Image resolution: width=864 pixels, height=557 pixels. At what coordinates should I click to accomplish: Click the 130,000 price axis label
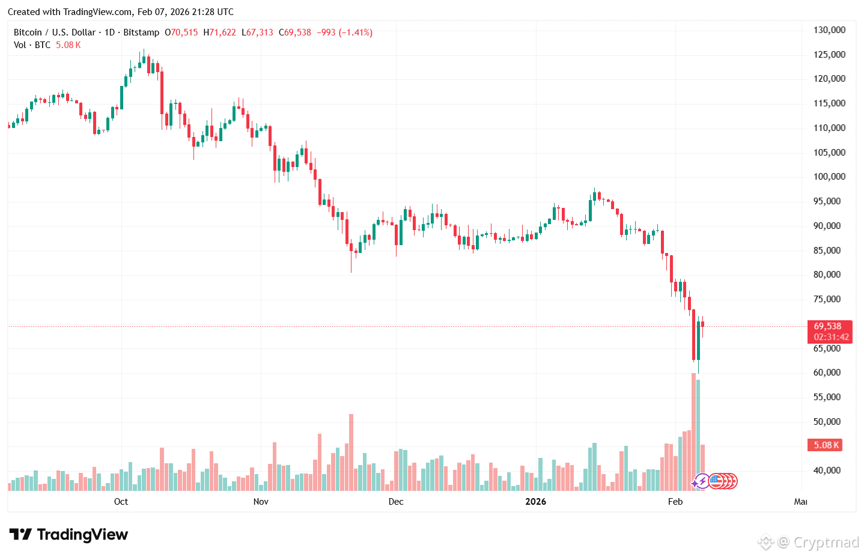click(x=829, y=30)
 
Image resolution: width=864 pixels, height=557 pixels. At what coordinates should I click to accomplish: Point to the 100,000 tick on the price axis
click(x=829, y=177)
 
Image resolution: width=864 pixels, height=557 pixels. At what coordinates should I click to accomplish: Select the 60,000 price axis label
click(x=827, y=373)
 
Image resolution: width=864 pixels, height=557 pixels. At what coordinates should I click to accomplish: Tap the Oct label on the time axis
click(x=121, y=502)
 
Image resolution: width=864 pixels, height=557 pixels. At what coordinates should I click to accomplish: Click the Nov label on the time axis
click(x=261, y=502)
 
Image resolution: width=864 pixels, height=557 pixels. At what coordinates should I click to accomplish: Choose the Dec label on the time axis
click(x=396, y=502)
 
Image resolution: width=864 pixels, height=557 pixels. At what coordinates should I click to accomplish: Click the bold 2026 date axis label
click(x=536, y=502)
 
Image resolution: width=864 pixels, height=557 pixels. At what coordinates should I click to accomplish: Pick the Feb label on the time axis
click(x=675, y=502)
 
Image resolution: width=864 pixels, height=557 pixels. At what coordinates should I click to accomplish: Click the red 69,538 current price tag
click(x=827, y=326)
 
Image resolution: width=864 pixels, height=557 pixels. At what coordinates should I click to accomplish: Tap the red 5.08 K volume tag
click(x=825, y=445)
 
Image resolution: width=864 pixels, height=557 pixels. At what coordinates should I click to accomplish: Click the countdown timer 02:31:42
click(x=831, y=337)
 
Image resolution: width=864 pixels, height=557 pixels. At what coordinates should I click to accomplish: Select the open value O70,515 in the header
click(x=181, y=32)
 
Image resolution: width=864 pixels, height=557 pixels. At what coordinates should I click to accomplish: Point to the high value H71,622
click(x=219, y=32)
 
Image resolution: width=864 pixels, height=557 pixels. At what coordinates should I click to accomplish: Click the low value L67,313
click(x=257, y=32)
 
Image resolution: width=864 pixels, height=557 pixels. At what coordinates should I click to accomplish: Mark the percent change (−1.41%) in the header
click(x=356, y=32)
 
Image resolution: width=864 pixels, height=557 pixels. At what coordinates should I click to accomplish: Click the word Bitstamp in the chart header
click(x=141, y=32)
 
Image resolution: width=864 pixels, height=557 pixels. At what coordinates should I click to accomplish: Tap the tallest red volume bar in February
click(x=693, y=431)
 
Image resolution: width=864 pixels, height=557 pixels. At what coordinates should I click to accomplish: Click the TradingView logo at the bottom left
click(x=68, y=535)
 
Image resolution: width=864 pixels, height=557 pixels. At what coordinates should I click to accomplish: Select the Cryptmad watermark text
click(x=826, y=543)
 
